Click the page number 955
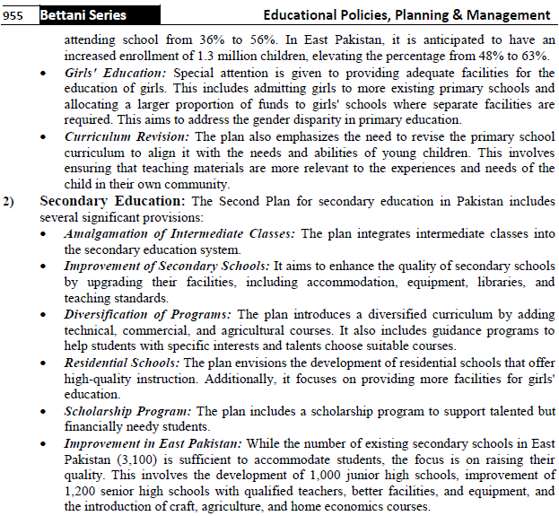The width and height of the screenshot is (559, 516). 15,15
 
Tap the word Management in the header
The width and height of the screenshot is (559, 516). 506,15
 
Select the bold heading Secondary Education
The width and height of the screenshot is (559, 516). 113,201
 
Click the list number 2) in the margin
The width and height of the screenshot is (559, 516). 10,201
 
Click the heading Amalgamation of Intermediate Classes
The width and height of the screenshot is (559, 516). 179,233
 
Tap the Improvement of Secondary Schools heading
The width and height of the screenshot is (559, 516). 166,266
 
